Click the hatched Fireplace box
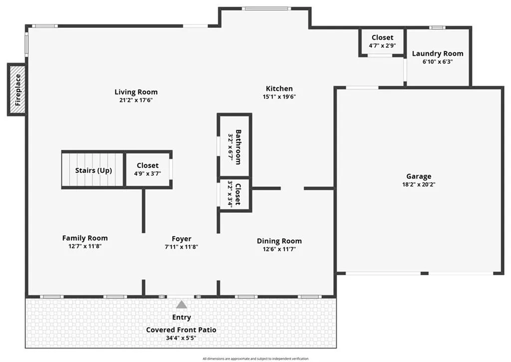[x=16, y=89]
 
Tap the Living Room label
[x=136, y=92]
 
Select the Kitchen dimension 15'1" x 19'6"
[x=279, y=97]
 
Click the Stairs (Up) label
[x=93, y=170]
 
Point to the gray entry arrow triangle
[x=182, y=305]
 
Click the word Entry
[x=182, y=317]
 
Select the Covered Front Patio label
[x=181, y=330]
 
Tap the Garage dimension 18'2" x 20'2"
[x=419, y=185]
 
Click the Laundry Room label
[x=438, y=53]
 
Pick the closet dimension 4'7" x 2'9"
[x=382, y=45]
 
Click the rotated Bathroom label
[x=238, y=147]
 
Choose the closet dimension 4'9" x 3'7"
[x=148, y=174]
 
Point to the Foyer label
[x=182, y=239]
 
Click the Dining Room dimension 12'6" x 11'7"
[x=279, y=250]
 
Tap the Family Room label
[x=85, y=238]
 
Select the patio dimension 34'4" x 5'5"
[x=181, y=338]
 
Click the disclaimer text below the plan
[x=255, y=359]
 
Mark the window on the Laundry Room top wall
[x=437, y=28]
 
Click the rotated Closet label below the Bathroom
[x=238, y=194]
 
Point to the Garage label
[x=419, y=176]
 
